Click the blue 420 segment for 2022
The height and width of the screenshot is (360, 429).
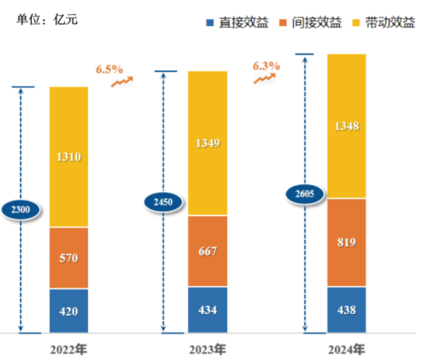click(x=69, y=311)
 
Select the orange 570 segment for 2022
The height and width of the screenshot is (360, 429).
click(x=69, y=258)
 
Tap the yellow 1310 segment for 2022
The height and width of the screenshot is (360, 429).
click(x=69, y=157)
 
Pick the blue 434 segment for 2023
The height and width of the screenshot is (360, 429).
click(x=207, y=310)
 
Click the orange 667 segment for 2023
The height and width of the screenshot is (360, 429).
click(x=207, y=251)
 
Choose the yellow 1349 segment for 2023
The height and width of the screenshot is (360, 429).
click(x=207, y=143)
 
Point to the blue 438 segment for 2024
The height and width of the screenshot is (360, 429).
click(x=346, y=310)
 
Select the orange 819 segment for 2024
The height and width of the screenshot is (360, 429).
click(x=346, y=243)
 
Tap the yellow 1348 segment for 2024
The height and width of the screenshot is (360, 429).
click(x=346, y=126)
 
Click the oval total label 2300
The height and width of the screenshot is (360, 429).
click(x=21, y=210)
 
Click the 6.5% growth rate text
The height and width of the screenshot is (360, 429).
click(x=109, y=69)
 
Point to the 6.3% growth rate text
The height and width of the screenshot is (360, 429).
click(x=266, y=66)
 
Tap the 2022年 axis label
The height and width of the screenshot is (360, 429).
click(x=69, y=350)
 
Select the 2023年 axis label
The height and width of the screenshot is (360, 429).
click(x=207, y=350)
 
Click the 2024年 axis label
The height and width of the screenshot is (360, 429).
click(x=346, y=350)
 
